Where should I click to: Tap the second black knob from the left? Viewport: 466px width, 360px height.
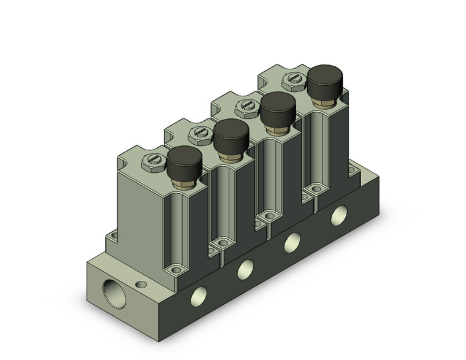pos(231,134)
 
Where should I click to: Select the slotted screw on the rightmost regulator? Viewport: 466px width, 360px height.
pos(291,79)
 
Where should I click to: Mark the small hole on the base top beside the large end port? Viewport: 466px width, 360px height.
pos(143,284)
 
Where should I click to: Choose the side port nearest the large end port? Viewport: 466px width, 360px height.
pos(201,294)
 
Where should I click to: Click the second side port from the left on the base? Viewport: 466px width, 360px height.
pos(246,267)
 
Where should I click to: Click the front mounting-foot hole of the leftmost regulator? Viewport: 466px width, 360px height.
pos(177,268)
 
